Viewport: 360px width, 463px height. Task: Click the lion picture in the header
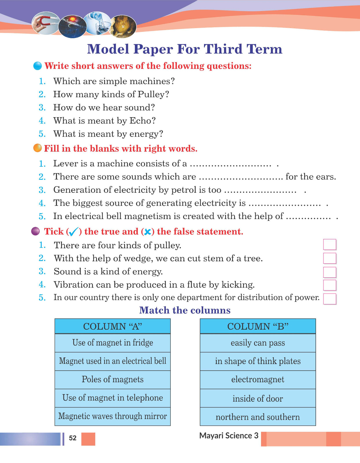(124, 26)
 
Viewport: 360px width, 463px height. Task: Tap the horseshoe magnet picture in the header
(46, 23)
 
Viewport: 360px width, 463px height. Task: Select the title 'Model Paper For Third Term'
(185, 49)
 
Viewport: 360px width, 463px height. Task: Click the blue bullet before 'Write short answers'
(38, 66)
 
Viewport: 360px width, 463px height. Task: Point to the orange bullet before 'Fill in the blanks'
(38, 148)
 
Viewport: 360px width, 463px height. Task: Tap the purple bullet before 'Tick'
(35, 231)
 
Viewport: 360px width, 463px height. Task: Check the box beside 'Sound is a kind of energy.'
(330, 272)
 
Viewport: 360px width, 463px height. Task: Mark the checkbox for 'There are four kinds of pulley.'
(330, 245)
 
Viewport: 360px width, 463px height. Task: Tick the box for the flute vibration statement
(330, 285)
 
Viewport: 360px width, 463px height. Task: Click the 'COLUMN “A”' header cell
(113, 326)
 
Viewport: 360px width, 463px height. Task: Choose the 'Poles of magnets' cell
(113, 379)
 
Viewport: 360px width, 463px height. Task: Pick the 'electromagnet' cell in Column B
(258, 379)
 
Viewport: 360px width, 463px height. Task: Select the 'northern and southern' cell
(258, 417)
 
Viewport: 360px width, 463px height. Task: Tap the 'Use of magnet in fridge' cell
(113, 343)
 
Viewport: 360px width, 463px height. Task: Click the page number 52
(73, 438)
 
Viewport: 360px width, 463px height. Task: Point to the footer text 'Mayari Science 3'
(229, 436)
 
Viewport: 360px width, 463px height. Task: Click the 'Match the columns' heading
(185, 310)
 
